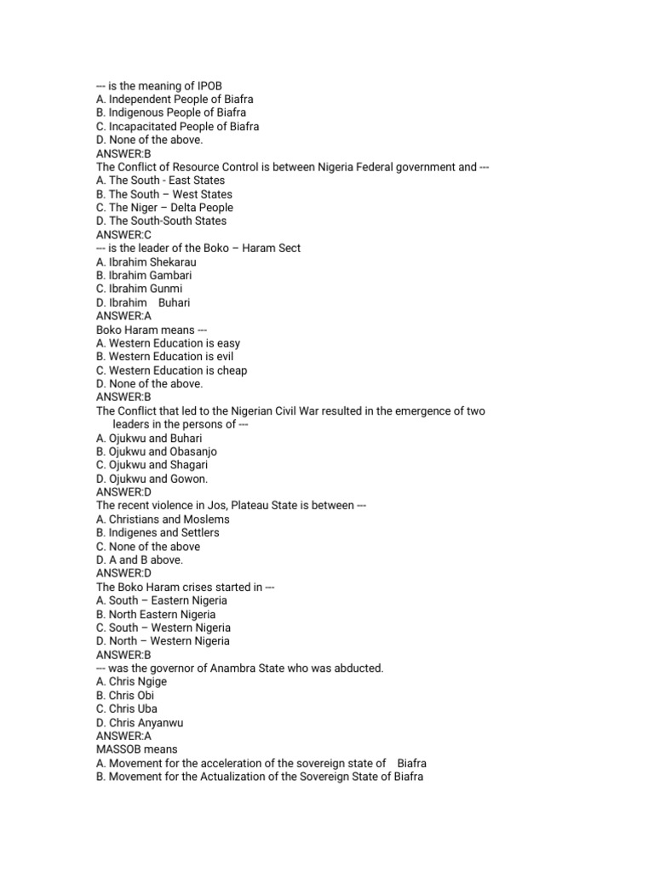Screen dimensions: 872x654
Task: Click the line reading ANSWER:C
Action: click(123, 234)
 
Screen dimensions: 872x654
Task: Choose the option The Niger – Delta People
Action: click(164, 207)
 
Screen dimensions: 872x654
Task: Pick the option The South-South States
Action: click(161, 221)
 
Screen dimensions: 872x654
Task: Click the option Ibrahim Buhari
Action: click(143, 302)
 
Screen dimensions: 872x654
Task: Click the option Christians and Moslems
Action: click(163, 519)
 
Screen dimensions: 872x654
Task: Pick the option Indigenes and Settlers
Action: click(158, 532)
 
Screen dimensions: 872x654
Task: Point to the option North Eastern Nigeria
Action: click(156, 614)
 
